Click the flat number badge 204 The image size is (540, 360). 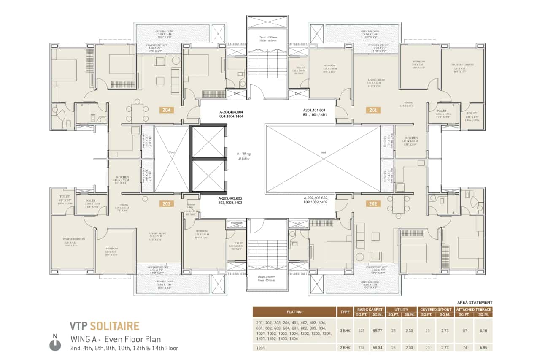(166, 110)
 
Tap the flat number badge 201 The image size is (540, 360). (373, 110)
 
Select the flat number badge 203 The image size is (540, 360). (166, 204)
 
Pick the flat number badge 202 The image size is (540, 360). (373, 204)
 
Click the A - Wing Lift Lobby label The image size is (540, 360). (244, 156)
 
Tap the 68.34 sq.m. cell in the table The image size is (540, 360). (378, 348)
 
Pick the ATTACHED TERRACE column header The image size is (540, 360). (474, 309)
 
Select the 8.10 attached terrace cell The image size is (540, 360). (483, 330)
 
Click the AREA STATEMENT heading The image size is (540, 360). (475, 303)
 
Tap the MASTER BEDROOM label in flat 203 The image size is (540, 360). (74, 239)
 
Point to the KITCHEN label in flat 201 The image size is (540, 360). (412, 138)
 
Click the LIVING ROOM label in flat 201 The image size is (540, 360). (375, 80)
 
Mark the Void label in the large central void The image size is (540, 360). (323, 152)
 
